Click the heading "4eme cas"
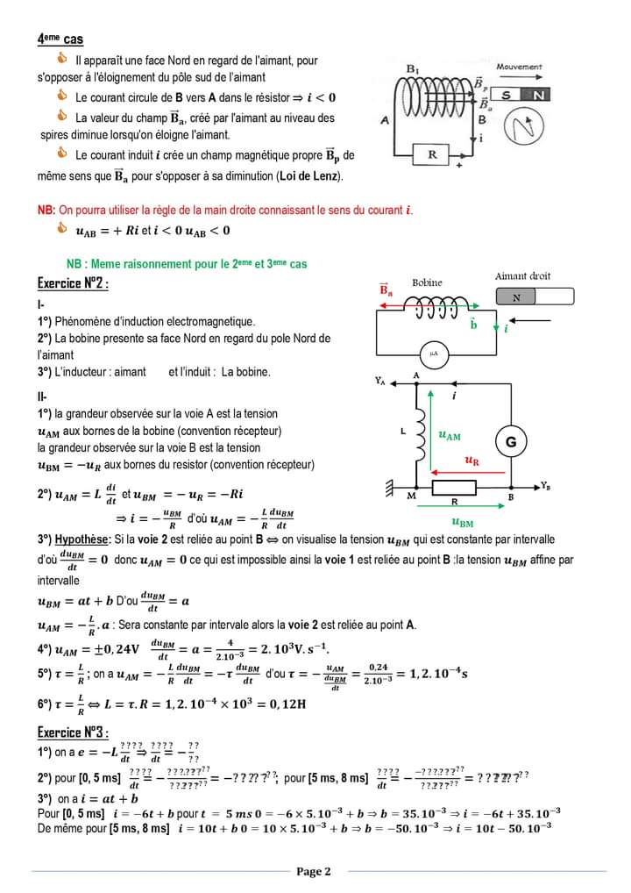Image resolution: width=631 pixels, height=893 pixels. (x=60, y=39)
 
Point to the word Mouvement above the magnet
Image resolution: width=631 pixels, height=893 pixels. (x=519, y=67)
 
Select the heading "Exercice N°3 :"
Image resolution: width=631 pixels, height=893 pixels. (x=73, y=732)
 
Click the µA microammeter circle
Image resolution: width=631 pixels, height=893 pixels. (x=433, y=353)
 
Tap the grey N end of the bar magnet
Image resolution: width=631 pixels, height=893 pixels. (x=516, y=297)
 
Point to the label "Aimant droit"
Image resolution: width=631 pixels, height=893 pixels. (x=522, y=276)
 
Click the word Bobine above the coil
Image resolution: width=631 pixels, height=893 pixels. (x=427, y=282)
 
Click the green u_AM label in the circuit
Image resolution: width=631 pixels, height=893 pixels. (x=449, y=435)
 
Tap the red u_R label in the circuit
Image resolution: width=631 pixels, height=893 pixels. (x=471, y=460)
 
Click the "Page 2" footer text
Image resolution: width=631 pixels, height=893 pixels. (x=314, y=871)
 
